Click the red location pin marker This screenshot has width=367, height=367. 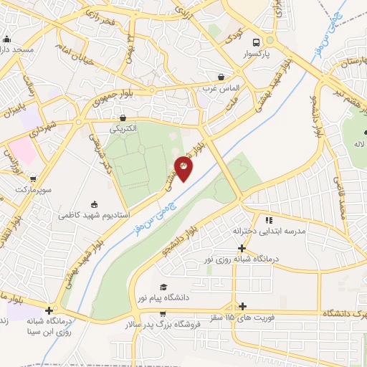point(184,169)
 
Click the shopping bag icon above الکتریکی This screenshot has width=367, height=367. point(123,118)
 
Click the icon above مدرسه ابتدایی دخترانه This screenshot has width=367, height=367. point(270,221)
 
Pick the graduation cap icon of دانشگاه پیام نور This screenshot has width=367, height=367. point(163,286)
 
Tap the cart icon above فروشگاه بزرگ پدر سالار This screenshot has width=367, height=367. point(164,313)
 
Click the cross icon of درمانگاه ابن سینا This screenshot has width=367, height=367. point(49,310)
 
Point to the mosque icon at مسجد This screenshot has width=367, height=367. point(7,39)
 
